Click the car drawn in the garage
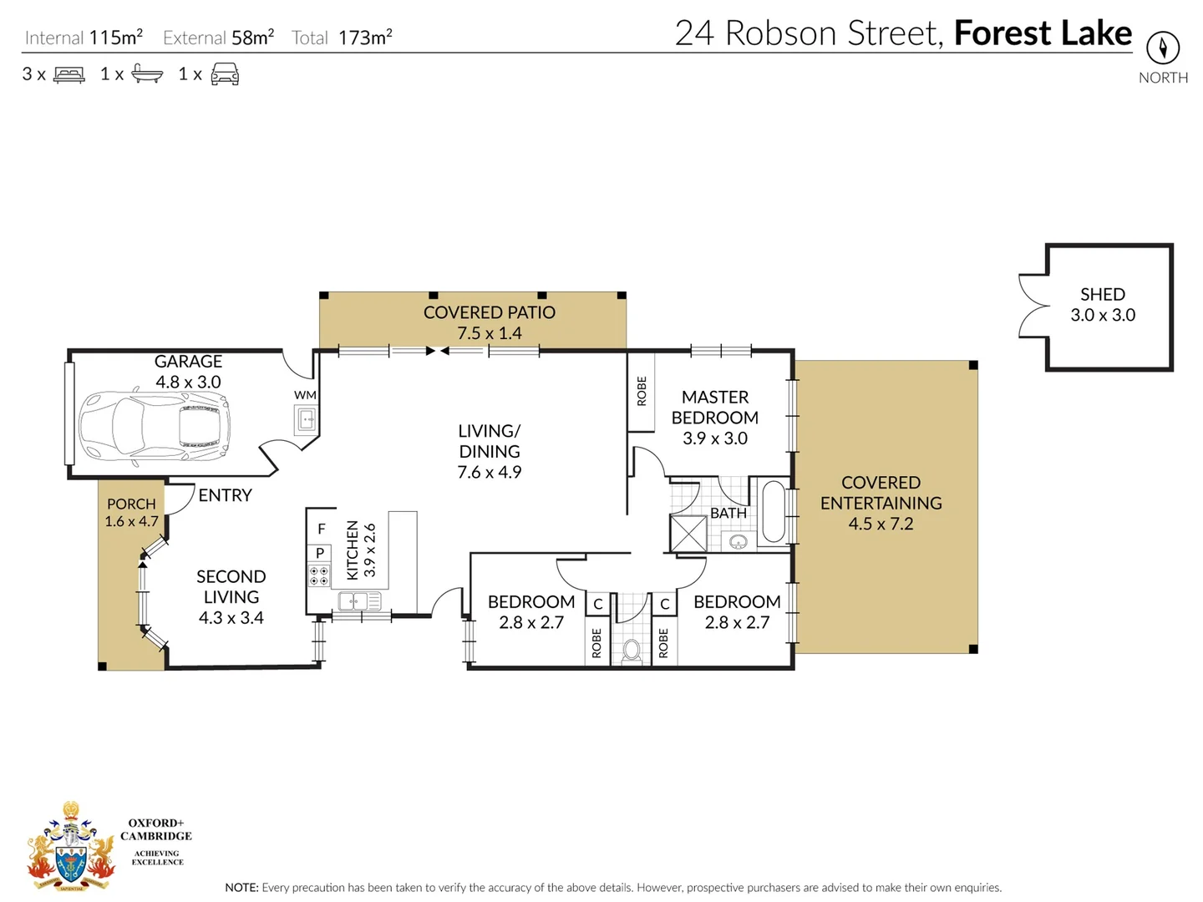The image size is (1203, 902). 155,427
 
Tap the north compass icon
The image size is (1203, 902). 1162,48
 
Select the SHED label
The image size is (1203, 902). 1102,295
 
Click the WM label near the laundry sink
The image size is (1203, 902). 305,395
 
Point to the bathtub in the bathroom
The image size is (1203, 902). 774,511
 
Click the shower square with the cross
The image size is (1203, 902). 688,533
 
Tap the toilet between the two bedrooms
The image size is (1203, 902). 632,649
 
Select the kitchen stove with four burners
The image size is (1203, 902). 319,575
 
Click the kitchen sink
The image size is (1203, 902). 360,600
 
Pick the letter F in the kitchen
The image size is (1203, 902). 321,529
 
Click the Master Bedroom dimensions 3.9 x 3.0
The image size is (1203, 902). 715,438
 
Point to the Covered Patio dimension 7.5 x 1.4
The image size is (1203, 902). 489,333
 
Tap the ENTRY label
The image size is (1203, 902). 225,495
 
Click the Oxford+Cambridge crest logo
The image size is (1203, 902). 71,848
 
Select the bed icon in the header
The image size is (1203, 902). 69,75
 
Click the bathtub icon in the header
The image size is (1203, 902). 147,74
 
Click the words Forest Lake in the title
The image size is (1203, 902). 1043,33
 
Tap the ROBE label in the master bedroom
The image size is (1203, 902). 642,391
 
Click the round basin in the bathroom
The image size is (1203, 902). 738,543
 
